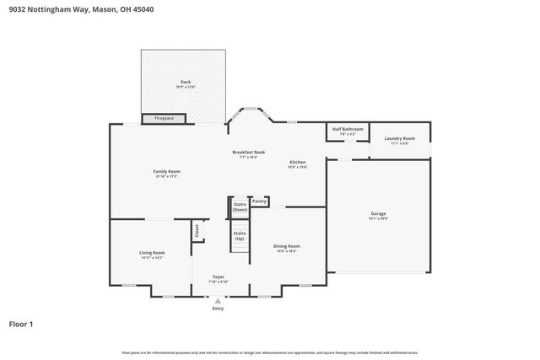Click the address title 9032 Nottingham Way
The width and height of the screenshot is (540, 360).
(x=70, y=9)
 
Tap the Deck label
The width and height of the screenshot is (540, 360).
(x=185, y=82)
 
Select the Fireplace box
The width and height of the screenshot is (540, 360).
(x=164, y=119)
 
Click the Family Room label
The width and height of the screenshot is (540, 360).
(x=167, y=171)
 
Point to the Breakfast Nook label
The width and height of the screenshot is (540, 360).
(x=249, y=152)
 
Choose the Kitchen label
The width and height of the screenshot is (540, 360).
(x=298, y=162)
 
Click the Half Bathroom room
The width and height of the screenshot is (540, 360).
(x=347, y=132)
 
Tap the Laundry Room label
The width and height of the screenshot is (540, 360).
(x=399, y=138)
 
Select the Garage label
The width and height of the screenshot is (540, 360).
(x=378, y=213)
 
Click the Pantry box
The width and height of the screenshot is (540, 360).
(x=259, y=201)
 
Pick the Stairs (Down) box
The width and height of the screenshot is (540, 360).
(x=240, y=207)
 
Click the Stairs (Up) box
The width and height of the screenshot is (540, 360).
(x=240, y=235)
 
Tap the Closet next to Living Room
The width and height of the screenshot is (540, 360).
(x=197, y=230)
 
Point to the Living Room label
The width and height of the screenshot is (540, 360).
(x=152, y=252)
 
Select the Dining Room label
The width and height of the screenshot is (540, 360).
(x=286, y=246)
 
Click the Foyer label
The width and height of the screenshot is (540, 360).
(x=219, y=277)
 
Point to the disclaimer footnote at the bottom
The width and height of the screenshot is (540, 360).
(x=269, y=352)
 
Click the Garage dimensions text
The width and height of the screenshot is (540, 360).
(x=378, y=218)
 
